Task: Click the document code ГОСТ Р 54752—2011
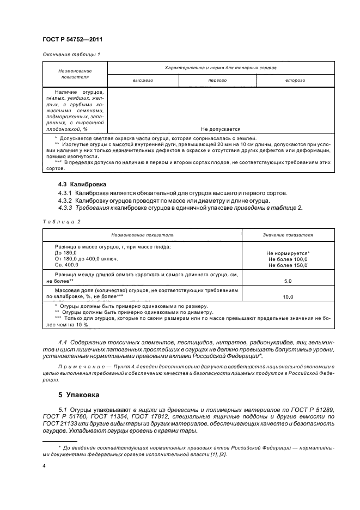pos(72,40)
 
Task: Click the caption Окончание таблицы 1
pos(71,54)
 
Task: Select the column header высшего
pos(143,80)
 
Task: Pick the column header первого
pos(217,80)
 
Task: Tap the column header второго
pos(295,80)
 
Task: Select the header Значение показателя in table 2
pos(288,235)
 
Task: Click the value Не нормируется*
pos(288,253)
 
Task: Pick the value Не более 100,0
pos(288,259)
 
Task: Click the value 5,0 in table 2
pos(288,281)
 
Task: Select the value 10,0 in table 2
pos(288,297)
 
